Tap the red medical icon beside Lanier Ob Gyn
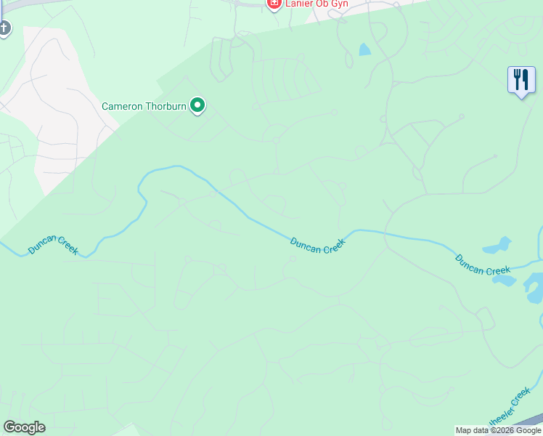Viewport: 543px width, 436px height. [274, 4]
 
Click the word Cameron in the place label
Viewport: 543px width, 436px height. [123, 106]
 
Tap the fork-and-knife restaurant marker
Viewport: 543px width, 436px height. [521, 80]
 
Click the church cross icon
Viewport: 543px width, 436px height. [4, 28]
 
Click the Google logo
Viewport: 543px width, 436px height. [24, 427]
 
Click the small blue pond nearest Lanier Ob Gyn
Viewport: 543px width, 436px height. [364, 50]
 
